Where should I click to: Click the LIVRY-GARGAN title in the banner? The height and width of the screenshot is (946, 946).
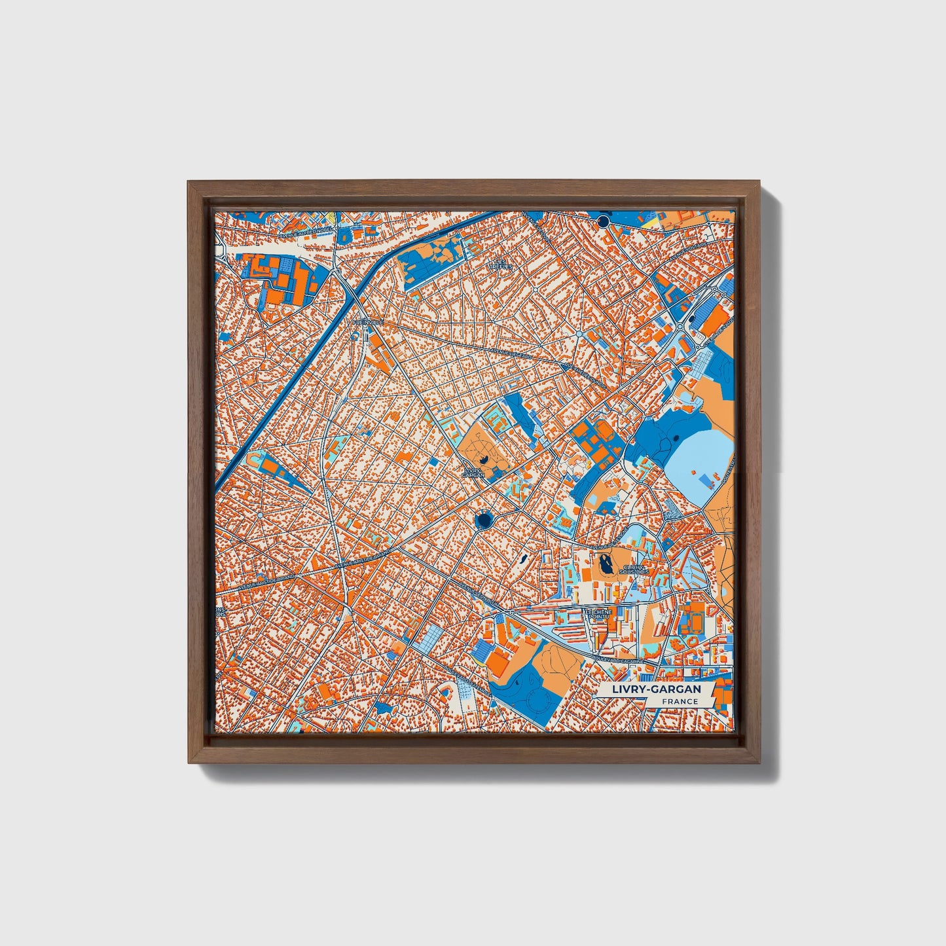[x=656, y=689]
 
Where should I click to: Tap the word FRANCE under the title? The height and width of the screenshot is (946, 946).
[x=679, y=702]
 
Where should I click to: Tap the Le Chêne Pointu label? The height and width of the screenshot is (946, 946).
[x=598, y=613]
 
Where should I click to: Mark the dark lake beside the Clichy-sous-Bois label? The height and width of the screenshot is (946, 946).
[x=604, y=562]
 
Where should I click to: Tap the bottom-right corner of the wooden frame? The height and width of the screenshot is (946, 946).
[x=762, y=762]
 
